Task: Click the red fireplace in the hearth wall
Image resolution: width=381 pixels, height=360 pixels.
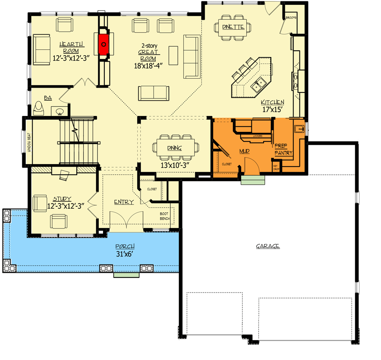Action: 103,43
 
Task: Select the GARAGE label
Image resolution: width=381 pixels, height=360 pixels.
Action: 268,247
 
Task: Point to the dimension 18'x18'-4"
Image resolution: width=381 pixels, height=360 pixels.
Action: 149,66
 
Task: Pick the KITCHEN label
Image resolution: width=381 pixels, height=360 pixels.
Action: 272,102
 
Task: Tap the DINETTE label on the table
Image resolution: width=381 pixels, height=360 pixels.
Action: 233,27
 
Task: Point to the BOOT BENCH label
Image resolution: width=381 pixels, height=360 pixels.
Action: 165,216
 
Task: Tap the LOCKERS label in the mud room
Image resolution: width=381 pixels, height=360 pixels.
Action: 257,136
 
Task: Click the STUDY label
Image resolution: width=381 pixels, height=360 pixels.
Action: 62,199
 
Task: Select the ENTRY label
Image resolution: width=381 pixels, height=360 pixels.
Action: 124,202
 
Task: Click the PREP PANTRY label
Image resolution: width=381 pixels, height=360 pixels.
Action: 284,149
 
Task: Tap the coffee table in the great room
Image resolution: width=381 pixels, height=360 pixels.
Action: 173,54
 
